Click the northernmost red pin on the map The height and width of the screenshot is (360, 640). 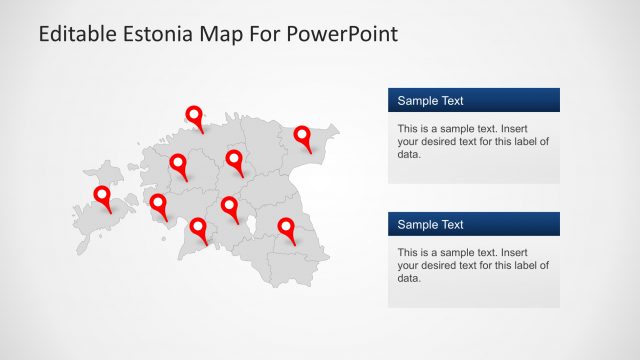pyautogui.click(x=195, y=116)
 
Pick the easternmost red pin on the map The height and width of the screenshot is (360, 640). pyautogui.click(x=301, y=136)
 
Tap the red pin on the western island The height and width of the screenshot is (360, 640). pyautogui.click(x=101, y=196)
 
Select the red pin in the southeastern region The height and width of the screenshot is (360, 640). pyautogui.click(x=287, y=228)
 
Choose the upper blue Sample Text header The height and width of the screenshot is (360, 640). pyautogui.click(x=473, y=100)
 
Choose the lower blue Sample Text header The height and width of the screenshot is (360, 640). pyautogui.click(x=473, y=224)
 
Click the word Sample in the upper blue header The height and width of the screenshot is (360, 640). pyautogui.click(x=417, y=100)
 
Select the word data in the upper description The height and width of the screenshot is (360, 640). pyautogui.click(x=409, y=155)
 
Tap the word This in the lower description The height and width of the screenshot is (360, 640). pyautogui.click(x=408, y=253)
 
